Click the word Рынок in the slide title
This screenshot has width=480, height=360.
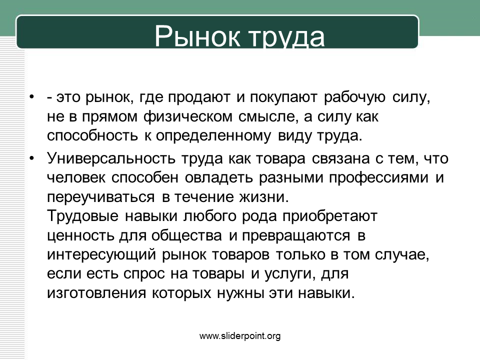coord(197,36)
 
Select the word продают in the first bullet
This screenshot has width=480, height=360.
coord(199,97)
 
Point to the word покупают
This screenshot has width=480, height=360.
coord(283,97)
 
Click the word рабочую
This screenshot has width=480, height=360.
coord(354,97)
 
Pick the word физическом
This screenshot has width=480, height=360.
coord(188,117)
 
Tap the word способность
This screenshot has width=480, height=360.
coord(92,136)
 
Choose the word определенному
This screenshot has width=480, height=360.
coord(213,136)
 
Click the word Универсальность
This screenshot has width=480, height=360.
coord(111,158)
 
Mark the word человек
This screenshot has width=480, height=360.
coord(76,178)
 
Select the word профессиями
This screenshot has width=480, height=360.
coord(378,178)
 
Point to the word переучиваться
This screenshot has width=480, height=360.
coord(100,197)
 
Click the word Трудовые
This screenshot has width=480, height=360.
coord(82,216)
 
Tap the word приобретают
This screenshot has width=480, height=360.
coord(329,216)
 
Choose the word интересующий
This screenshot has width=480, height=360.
coord(101,255)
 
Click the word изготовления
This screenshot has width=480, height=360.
coord(96,293)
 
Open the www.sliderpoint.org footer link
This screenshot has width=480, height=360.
coord(240,336)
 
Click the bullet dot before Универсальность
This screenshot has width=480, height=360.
coord(32,158)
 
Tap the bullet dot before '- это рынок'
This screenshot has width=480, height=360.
coord(32,97)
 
